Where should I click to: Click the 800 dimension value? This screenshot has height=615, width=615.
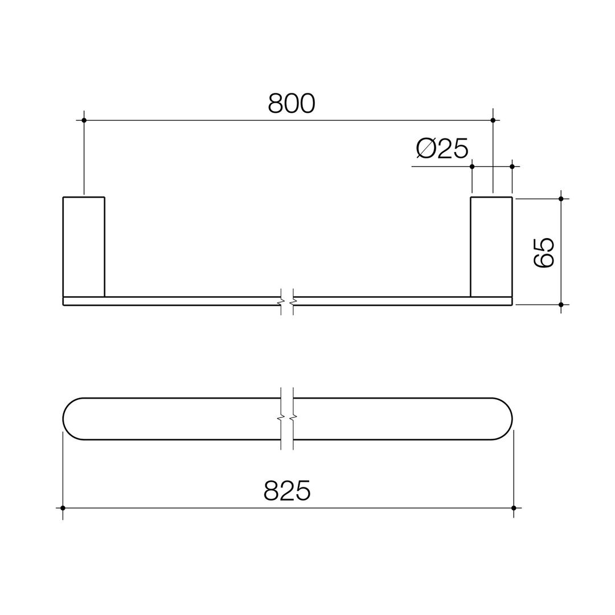[x=291, y=103]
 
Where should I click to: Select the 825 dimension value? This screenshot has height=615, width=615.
[x=287, y=490]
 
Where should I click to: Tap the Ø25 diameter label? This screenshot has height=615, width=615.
[x=442, y=148]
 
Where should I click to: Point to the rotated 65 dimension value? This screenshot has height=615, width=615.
[x=543, y=253]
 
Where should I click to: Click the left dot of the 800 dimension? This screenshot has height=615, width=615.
[x=84, y=120]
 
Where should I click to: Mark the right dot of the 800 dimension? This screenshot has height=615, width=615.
[x=493, y=120]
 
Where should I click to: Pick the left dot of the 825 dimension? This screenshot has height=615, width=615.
[x=63, y=508]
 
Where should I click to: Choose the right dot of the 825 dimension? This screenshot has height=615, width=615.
[x=514, y=508]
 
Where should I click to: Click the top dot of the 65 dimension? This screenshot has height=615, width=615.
[x=561, y=199]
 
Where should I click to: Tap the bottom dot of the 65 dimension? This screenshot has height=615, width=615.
[x=561, y=305]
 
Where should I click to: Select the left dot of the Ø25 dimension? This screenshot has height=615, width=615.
[x=472, y=167]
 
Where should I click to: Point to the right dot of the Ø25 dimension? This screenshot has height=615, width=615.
[x=512, y=167]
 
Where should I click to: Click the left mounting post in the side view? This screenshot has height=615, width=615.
[x=84, y=247]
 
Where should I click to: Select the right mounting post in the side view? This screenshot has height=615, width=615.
[x=491, y=247]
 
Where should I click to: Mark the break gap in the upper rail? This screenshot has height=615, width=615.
[x=287, y=301]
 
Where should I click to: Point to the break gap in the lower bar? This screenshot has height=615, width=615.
[x=287, y=419]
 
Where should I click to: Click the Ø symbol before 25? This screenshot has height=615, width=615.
[x=426, y=148]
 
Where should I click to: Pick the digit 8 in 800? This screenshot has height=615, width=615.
[x=275, y=103]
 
